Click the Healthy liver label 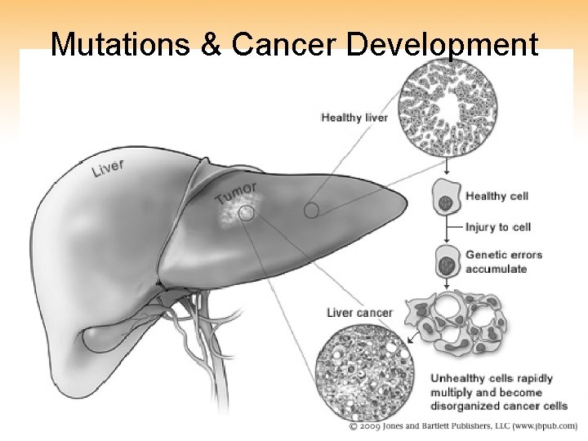click(x=354, y=118)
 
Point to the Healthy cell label click(x=497, y=196)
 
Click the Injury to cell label click(x=498, y=226)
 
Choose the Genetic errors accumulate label click(x=503, y=261)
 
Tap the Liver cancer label click(x=359, y=313)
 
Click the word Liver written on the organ click(x=108, y=169)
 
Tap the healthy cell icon click(x=446, y=199)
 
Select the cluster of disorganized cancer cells click(x=457, y=323)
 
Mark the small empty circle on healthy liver click(x=310, y=210)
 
